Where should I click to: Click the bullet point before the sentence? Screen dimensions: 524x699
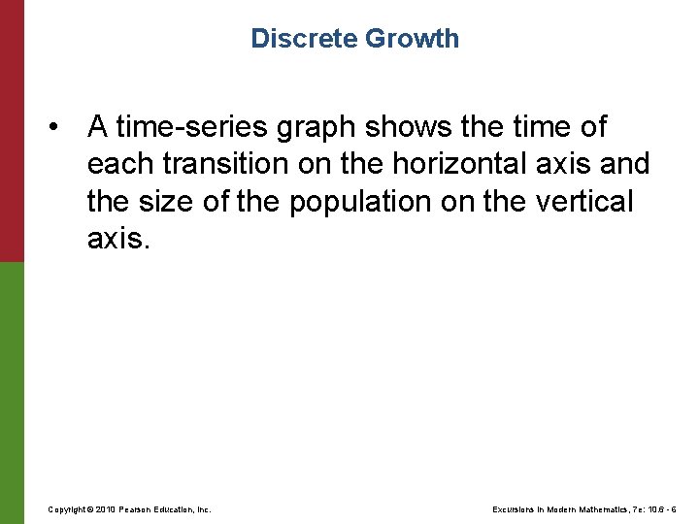[60, 128]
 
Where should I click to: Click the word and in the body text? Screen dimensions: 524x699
[624, 164]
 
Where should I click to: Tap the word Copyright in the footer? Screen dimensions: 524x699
[68, 509]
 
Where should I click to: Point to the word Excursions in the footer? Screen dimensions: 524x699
[516, 509]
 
